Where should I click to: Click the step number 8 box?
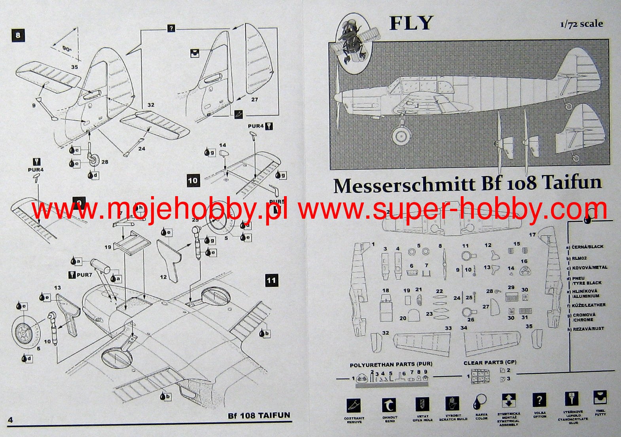[18, 36]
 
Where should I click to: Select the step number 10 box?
[193, 181]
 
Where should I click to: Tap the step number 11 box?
[271, 281]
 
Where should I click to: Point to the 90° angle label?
[67, 49]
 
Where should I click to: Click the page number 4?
[10, 420]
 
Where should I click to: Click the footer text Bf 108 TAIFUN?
[259, 416]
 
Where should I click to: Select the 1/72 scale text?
[581, 24]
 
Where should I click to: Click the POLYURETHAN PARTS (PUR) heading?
[391, 364]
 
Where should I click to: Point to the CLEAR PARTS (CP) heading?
[490, 362]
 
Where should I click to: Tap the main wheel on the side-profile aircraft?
[401, 136]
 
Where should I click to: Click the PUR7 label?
[84, 274]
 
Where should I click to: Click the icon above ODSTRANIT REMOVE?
[354, 405]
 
